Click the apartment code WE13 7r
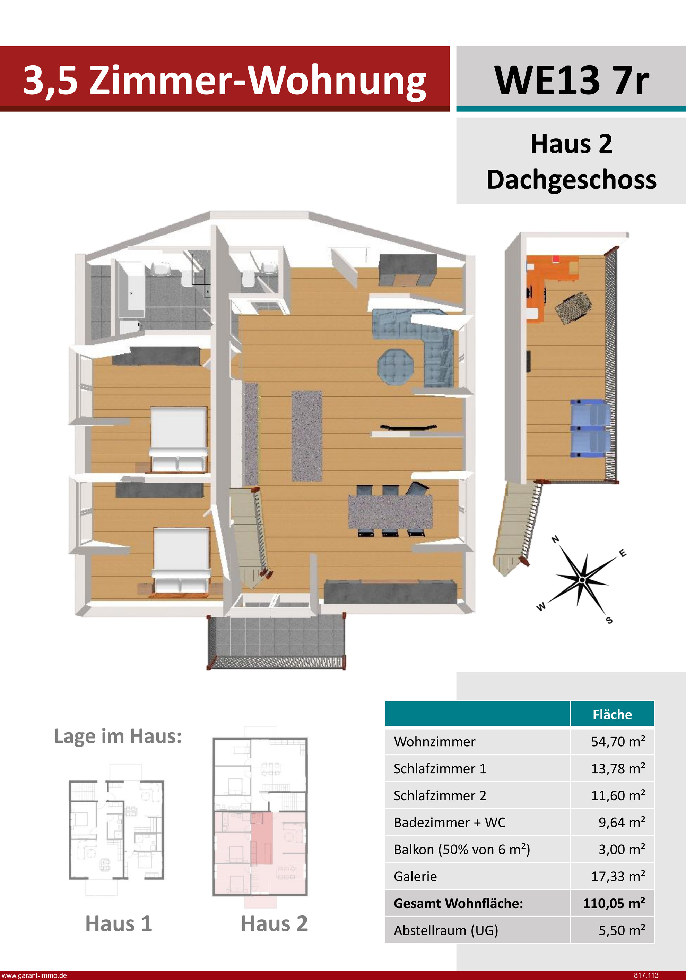coord(571,80)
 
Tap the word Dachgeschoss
coord(571,179)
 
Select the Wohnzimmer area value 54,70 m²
coord(618,741)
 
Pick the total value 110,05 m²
coord(614,903)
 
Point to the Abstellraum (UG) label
coord(446,930)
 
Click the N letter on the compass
coord(555,539)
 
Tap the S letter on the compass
coord(609,620)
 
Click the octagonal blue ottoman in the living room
coord(396,367)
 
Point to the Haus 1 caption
coord(119,924)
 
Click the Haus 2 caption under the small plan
coord(274,924)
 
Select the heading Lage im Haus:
coord(118,736)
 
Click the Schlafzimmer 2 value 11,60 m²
coord(618,795)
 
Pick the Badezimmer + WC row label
coord(450,823)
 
